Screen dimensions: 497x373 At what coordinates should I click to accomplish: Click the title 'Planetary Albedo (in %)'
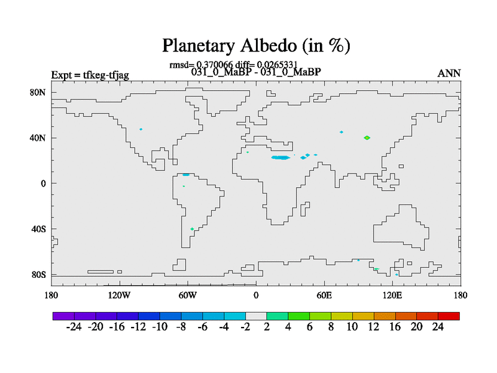pos(256,45)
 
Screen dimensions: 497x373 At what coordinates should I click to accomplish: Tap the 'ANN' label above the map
pos(449,73)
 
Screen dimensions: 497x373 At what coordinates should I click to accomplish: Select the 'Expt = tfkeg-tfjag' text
pos(90,75)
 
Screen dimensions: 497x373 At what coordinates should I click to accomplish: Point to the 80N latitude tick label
pos(38,92)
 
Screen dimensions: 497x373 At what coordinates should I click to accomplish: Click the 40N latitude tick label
pos(38,138)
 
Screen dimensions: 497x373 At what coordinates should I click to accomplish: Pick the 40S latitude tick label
pos(39,229)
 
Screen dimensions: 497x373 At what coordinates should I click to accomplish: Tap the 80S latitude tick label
pos(39,275)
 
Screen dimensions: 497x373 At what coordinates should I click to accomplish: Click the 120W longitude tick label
pos(119,296)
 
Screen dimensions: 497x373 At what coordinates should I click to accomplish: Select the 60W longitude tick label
pos(188,296)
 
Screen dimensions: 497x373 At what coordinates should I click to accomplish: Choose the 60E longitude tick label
pos(324,296)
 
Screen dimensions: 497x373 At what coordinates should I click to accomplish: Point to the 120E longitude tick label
pos(393,296)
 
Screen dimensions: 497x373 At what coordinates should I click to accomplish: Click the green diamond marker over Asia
pos(367,137)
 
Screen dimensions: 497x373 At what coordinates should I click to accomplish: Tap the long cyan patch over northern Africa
pos(281,157)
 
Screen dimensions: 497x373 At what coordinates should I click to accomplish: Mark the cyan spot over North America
pos(141,129)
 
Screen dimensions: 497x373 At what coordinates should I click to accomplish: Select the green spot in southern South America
pos(192,229)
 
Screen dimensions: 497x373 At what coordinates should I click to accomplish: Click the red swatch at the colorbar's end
pos(449,316)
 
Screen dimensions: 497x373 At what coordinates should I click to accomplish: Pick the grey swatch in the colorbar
pos(256,316)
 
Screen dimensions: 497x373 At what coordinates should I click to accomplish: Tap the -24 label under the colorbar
pos(74,327)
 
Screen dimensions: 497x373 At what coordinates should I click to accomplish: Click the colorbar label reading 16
pos(395,327)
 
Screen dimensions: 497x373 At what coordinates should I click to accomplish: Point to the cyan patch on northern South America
pos(186,175)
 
